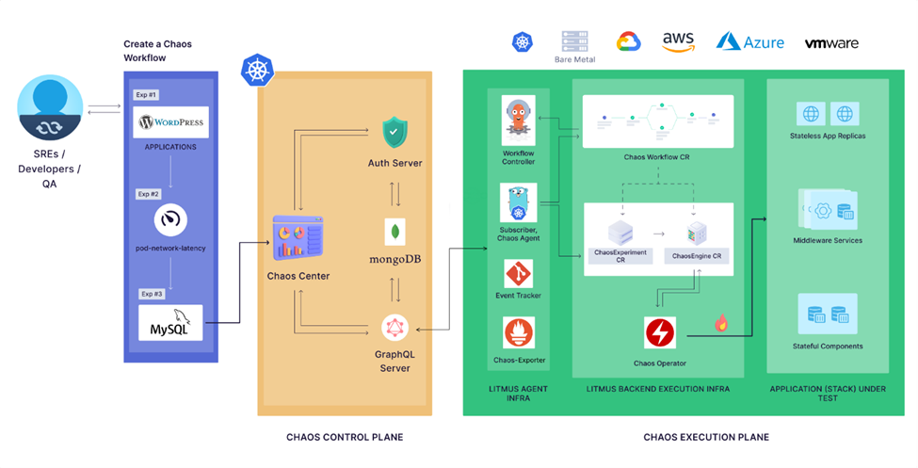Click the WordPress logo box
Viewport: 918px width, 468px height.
171,122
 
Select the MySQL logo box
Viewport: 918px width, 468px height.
170,322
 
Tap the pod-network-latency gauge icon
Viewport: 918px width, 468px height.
170,220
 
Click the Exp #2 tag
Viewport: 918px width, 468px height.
148,194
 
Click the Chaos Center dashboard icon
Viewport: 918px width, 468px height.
298,237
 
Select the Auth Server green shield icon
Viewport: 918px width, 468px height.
395,132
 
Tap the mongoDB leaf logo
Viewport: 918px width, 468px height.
395,232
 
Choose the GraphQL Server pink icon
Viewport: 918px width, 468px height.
395,329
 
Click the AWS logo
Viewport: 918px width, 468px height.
678,41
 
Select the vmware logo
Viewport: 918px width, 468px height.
831,43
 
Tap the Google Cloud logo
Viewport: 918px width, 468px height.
628,41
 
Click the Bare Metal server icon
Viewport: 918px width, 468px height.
574,40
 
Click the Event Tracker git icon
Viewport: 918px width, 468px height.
518,274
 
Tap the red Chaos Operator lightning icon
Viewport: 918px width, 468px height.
659,333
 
